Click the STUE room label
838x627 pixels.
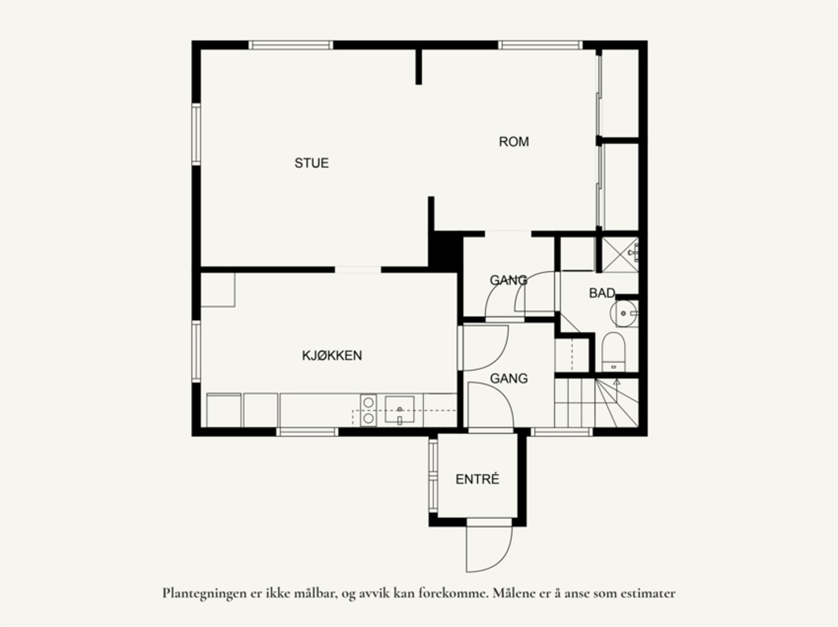tap(312, 163)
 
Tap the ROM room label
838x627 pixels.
tap(513, 141)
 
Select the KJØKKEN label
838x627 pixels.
tap(332, 355)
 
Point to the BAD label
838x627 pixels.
tap(602, 293)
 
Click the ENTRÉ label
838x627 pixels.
tap(477, 479)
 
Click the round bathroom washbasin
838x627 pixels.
tap(623, 313)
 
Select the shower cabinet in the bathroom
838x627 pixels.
tap(619, 255)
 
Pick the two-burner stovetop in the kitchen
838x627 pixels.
tap(368, 410)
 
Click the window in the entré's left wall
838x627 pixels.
tap(433, 476)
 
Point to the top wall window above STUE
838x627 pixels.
tap(291, 45)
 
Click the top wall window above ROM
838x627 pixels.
tap(539, 45)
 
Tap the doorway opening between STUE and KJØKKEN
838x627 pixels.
tap(358, 270)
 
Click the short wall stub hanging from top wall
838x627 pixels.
tap(418, 67)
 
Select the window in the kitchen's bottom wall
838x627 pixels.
tap(307, 432)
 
